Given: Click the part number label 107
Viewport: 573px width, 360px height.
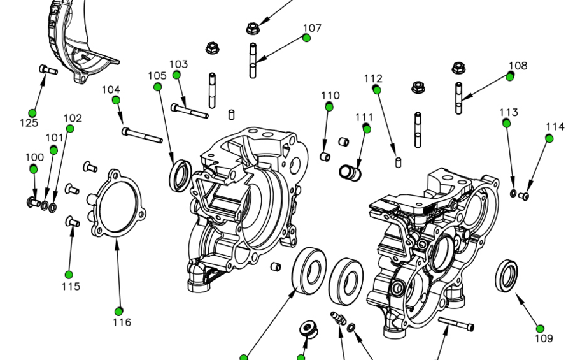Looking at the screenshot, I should [x=312, y=28].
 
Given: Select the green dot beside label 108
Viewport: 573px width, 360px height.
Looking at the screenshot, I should [x=510, y=76].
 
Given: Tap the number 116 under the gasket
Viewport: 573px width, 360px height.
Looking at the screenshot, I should [x=122, y=322].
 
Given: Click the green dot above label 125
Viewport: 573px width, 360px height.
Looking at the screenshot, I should [x=32, y=113].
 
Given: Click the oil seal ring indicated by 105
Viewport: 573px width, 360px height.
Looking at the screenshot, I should [x=180, y=175].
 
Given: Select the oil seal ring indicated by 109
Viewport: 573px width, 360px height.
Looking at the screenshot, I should [x=507, y=275].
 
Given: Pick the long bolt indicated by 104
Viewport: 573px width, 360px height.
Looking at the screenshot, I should [x=142, y=134].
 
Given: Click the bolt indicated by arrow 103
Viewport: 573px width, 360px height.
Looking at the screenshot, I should [x=189, y=112].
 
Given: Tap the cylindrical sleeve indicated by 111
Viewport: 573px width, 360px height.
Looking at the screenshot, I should [x=349, y=172].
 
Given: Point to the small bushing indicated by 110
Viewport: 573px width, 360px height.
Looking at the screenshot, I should [x=325, y=157].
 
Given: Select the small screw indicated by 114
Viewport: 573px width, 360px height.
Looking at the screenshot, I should [x=525, y=196].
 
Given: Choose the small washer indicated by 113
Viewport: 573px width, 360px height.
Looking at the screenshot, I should [x=514, y=193].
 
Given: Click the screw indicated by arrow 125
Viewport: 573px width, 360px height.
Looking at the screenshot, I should [x=48, y=70].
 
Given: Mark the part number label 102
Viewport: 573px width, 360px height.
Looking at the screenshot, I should [x=73, y=119].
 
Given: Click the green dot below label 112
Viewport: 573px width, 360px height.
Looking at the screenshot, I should [x=377, y=90].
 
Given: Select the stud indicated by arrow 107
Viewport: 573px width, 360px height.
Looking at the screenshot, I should [x=253, y=60].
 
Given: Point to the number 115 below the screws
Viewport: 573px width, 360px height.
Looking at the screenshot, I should [x=71, y=286].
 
